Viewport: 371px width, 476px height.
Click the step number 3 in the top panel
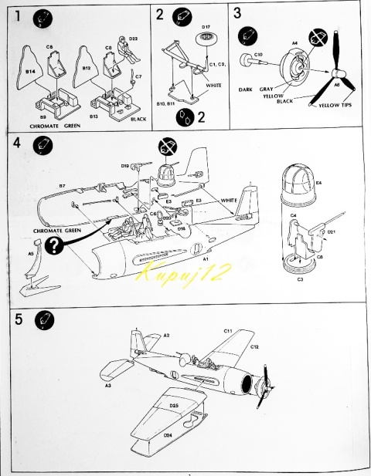coord(238,13)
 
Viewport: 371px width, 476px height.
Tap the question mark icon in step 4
coord(53,245)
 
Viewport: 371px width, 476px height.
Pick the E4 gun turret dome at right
coord(292,184)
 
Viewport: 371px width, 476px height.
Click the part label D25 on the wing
coord(174,405)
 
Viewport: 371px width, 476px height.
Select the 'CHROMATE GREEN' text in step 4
coord(58,230)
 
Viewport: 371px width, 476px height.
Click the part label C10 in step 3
coord(259,55)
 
